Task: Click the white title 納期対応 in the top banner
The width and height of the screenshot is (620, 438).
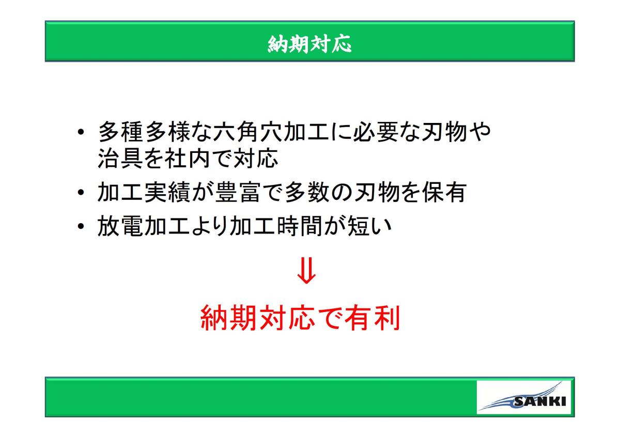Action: point(309,44)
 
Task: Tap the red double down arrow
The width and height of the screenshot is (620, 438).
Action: point(306,271)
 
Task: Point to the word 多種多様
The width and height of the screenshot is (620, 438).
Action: point(144,131)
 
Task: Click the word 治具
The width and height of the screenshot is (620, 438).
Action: point(121,158)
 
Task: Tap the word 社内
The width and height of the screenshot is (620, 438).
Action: point(188,158)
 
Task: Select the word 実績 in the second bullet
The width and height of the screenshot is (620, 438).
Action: point(167,192)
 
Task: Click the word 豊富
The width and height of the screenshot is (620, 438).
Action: point(237,192)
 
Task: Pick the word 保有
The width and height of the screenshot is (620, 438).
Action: point(444,192)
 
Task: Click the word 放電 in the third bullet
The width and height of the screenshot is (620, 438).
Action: point(121,226)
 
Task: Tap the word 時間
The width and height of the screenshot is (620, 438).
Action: point(299,226)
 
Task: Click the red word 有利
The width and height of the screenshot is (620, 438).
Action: point(373,318)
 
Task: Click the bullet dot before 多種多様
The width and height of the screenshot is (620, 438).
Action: point(81,132)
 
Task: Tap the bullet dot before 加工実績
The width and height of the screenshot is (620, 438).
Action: point(81,193)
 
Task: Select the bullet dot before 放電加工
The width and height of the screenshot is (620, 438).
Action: point(81,226)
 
